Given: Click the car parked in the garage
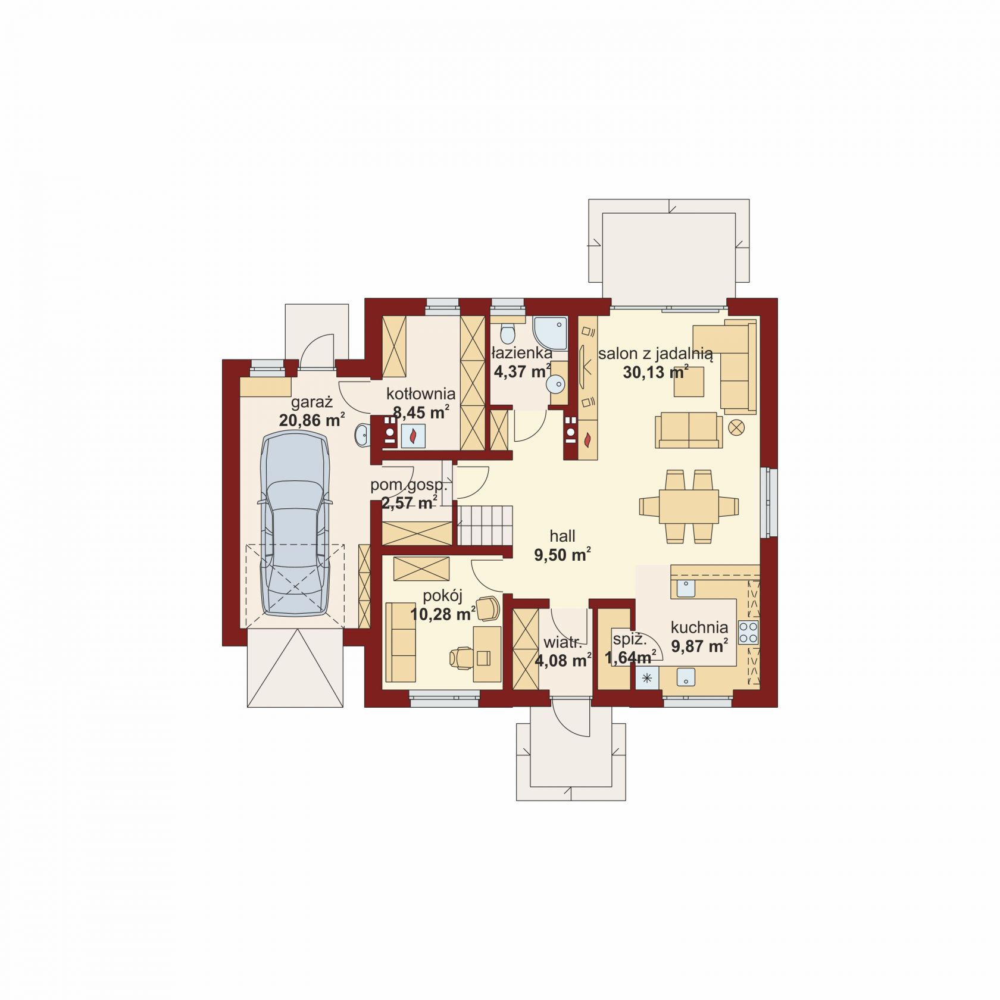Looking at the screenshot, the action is point(295,524).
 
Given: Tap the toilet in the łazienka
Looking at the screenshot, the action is point(508,332).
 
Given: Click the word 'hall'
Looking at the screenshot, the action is point(562,536).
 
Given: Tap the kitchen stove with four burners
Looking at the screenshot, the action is point(748,632).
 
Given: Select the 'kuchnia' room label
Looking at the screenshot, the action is point(699,627).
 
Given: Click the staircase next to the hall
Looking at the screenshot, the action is point(485,524).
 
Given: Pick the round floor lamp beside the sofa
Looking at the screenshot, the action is point(737,426).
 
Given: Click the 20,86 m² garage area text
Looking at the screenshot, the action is point(312,420).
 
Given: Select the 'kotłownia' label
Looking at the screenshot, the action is point(421,393).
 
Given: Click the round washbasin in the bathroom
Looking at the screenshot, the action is point(556,385).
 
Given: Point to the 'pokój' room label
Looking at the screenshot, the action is point(442,596).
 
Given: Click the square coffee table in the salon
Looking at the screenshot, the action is point(689,382).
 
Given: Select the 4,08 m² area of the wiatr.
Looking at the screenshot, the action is point(563,661).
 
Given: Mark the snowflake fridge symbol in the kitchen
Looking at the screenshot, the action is point(648,678).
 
